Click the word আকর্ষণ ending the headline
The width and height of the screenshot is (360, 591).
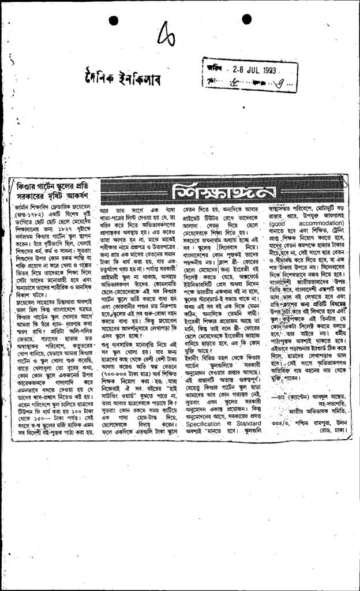coord(83,198)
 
